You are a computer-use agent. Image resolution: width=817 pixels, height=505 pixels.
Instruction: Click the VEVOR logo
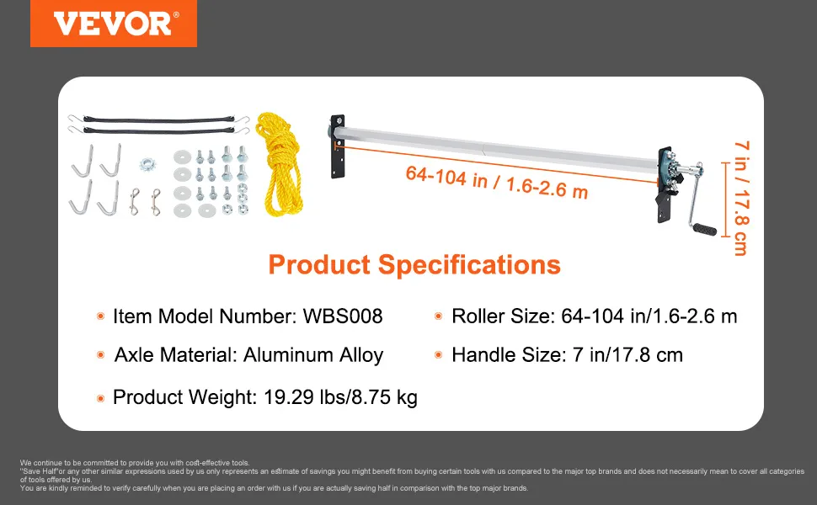point(114,24)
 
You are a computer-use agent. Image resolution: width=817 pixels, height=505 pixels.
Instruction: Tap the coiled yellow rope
point(280,164)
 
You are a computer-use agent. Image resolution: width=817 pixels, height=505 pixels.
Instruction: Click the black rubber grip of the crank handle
point(704,228)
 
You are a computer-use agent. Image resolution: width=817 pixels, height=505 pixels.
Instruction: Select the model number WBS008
point(343,316)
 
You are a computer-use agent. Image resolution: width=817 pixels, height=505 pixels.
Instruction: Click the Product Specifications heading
point(414,264)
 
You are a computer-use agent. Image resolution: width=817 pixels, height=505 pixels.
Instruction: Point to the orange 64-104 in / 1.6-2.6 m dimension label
point(497,182)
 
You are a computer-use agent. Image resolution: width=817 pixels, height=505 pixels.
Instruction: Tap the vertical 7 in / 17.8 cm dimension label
point(741,198)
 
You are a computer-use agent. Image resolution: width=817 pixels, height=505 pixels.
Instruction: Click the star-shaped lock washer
point(148,164)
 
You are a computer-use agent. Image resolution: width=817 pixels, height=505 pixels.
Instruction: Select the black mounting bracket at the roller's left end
point(338,146)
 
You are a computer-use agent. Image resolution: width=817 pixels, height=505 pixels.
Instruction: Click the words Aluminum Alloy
point(313,355)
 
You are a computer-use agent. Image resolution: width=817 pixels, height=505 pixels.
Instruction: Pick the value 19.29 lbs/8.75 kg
point(341,397)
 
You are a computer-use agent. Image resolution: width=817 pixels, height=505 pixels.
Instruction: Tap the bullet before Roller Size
point(438,316)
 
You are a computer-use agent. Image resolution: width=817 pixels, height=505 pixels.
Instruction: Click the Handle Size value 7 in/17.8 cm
point(627,355)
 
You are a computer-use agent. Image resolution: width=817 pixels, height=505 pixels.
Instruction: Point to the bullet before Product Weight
point(100,399)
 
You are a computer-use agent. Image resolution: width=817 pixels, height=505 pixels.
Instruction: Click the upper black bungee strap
point(159,120)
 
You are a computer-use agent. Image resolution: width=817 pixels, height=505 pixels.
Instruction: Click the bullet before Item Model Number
point(100,316)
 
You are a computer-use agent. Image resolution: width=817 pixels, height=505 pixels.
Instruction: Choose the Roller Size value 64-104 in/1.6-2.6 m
point(649,316)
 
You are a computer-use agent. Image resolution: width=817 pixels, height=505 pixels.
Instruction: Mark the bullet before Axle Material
point(100,355)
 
